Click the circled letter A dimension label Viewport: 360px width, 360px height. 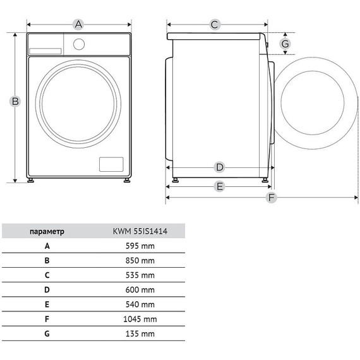coord(78,25)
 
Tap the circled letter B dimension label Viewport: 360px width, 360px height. coord(15,101)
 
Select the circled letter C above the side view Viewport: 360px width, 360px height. coord(215,25)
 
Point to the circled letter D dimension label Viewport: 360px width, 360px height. coord(220,167)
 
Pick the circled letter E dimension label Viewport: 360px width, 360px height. coord(220,186)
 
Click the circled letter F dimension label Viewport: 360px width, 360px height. coord(272,197)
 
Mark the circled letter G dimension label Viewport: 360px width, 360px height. coord(285,44)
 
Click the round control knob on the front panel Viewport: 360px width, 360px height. coord(79,44)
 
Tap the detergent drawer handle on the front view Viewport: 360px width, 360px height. coord(45,51)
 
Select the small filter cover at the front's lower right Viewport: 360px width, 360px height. coord(111,164)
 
